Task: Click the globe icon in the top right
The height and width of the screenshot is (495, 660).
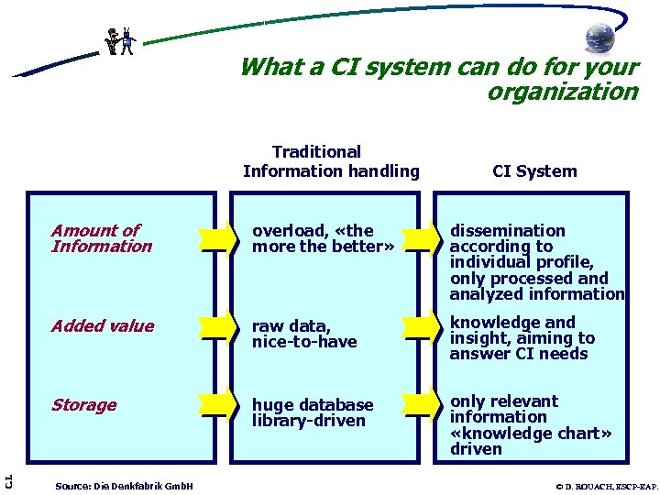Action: point(601,38)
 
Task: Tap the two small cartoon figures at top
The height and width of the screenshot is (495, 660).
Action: point(119,41)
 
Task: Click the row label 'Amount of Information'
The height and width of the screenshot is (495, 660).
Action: point(102,238)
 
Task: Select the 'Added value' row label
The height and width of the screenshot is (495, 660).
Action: point(103,326)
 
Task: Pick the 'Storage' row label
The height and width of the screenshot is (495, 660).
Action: point(83,405)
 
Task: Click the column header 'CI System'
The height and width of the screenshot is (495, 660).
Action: point(534,171)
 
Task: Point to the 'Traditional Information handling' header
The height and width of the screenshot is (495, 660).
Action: point(331,161)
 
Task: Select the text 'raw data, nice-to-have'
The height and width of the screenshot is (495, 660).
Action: point(304,334)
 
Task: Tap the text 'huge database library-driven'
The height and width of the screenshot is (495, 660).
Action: point(313,412)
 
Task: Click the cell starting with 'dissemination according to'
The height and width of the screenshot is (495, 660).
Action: point(536,262)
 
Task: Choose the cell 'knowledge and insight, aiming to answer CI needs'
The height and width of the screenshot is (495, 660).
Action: point(522,337)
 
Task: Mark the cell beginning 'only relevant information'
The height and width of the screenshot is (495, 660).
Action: point(531,424)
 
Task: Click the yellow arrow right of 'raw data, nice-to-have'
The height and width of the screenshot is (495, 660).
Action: point(422,326)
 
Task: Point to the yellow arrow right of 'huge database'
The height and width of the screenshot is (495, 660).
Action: point(422,404)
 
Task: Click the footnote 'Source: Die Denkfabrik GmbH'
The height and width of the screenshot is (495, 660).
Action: point(124,484)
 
